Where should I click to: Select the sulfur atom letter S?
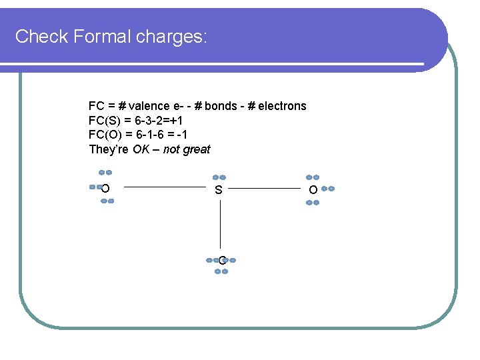point(219,191)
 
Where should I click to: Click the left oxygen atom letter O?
point(106,189)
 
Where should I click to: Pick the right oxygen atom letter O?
point(313,191)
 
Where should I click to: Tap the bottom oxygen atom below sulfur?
point(221,260)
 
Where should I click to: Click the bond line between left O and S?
point(165,188)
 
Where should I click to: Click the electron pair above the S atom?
point(219,177)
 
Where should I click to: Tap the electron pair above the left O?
point(105,173)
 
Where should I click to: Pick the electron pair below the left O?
point(107,201)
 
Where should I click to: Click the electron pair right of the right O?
point(327,189)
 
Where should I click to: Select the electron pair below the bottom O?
point(223,271)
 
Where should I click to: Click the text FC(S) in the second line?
point(103,121)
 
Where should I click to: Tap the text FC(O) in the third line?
point(103,135)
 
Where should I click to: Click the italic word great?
point(197,149)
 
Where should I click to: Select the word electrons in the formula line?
point(282,106)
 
